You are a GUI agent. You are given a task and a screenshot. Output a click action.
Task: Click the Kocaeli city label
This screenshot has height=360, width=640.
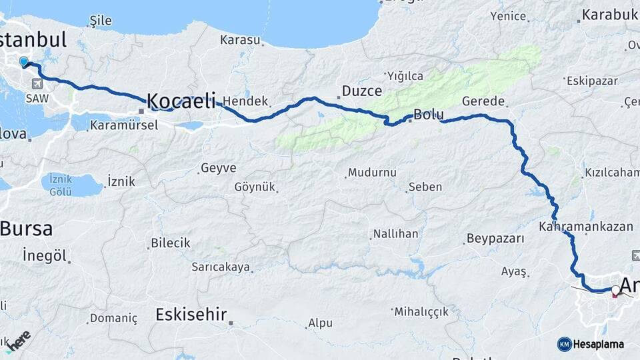pyautogui.click(x=181, y=101)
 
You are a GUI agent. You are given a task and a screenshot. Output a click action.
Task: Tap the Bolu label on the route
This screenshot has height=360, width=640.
pyautogui.click(x=429, y=115)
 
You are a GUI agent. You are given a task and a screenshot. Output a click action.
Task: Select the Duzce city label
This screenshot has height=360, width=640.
pyautogui.click(x=361, y=91)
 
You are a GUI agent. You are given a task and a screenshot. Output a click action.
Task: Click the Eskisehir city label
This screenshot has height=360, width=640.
pyautogui.click(x=191, y=314)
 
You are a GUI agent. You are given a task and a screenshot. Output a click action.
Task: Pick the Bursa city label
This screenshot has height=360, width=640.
pyautogui.click(x=26, y=229)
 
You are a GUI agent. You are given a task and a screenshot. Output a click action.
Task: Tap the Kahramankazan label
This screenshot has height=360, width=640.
pyautogui.click(x=586, y=226)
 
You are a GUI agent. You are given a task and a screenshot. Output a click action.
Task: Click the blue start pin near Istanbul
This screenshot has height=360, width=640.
pyautogui.click(x=24, y=62)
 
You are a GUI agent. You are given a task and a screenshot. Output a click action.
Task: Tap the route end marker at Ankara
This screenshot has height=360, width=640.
pyautogui.click(x=614, y=290)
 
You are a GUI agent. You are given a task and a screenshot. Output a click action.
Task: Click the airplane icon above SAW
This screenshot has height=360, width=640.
pyautogui.click(x=35, y=84)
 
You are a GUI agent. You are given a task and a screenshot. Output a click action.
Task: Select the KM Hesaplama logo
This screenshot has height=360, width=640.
pyautogui.click(x=591, y=344)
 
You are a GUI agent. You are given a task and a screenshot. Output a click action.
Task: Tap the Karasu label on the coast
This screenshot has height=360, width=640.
pyautogui.click(x=240, y=40)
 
